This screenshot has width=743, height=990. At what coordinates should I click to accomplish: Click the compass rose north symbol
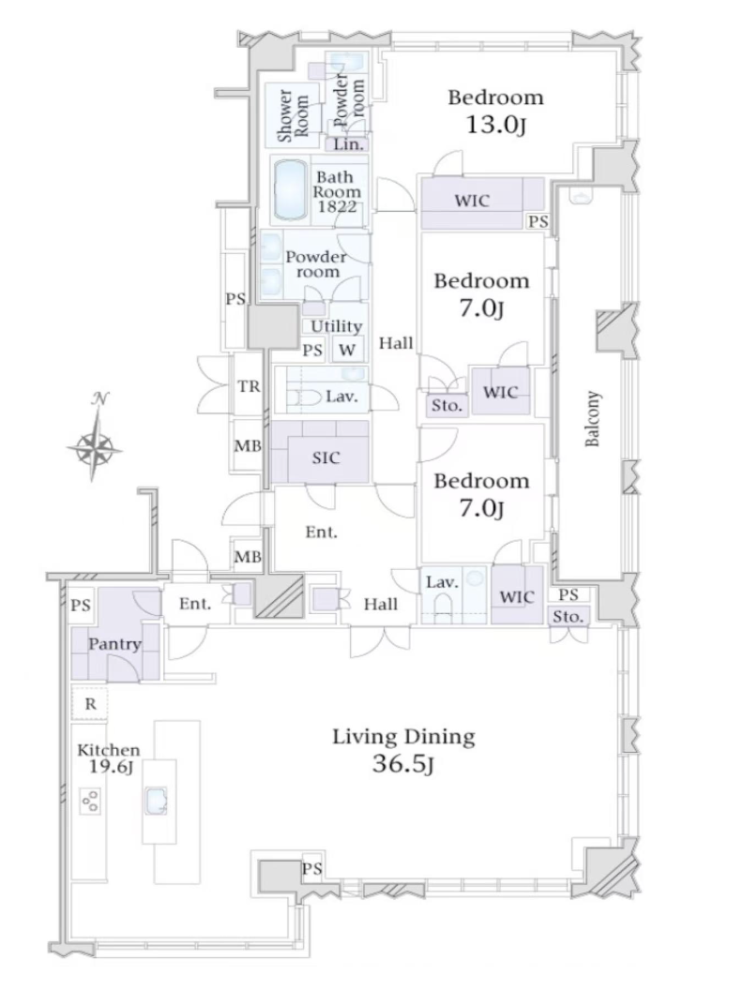96,436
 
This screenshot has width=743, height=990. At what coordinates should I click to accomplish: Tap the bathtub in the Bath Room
291,188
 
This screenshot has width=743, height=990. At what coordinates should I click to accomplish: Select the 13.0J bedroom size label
496,125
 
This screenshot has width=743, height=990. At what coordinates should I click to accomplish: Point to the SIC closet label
326,457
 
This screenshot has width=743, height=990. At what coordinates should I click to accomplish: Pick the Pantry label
114,644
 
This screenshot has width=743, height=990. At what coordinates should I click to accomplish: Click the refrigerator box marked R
90,703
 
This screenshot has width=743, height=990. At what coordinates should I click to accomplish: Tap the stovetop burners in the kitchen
90,800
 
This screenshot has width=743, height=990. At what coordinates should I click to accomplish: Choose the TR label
249,386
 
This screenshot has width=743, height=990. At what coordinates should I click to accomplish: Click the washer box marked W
347,350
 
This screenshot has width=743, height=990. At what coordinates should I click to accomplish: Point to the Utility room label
336,326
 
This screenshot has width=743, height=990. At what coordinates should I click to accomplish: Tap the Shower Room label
293,115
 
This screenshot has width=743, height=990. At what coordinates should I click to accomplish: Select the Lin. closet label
349,144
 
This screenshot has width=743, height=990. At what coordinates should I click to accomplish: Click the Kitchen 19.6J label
108,757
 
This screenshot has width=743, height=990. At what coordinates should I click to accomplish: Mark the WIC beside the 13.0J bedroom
472,201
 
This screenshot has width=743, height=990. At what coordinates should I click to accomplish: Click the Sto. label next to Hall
447,405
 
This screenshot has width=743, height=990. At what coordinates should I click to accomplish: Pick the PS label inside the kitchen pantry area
81,607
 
